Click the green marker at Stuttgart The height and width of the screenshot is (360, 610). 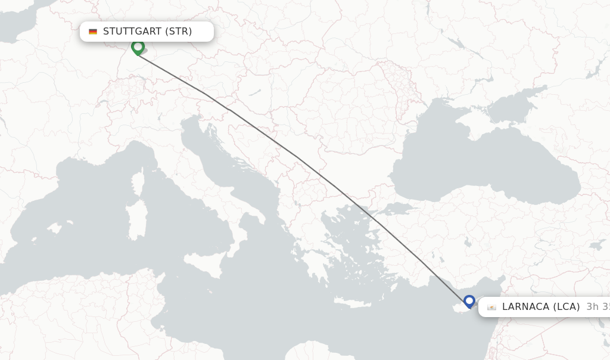[138, 46]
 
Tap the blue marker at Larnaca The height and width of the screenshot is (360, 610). [469, 301]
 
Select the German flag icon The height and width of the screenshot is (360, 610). [93, 32]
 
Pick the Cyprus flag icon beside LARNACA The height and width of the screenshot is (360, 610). [491, 308]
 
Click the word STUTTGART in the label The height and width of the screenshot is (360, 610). [132, 32]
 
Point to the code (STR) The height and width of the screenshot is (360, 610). [178, 32]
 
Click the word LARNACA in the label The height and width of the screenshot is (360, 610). [525, 307]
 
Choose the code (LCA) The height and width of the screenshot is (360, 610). [566, 307]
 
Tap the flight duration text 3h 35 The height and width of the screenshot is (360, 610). [597, 307]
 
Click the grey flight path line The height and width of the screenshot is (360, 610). [298, 158]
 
